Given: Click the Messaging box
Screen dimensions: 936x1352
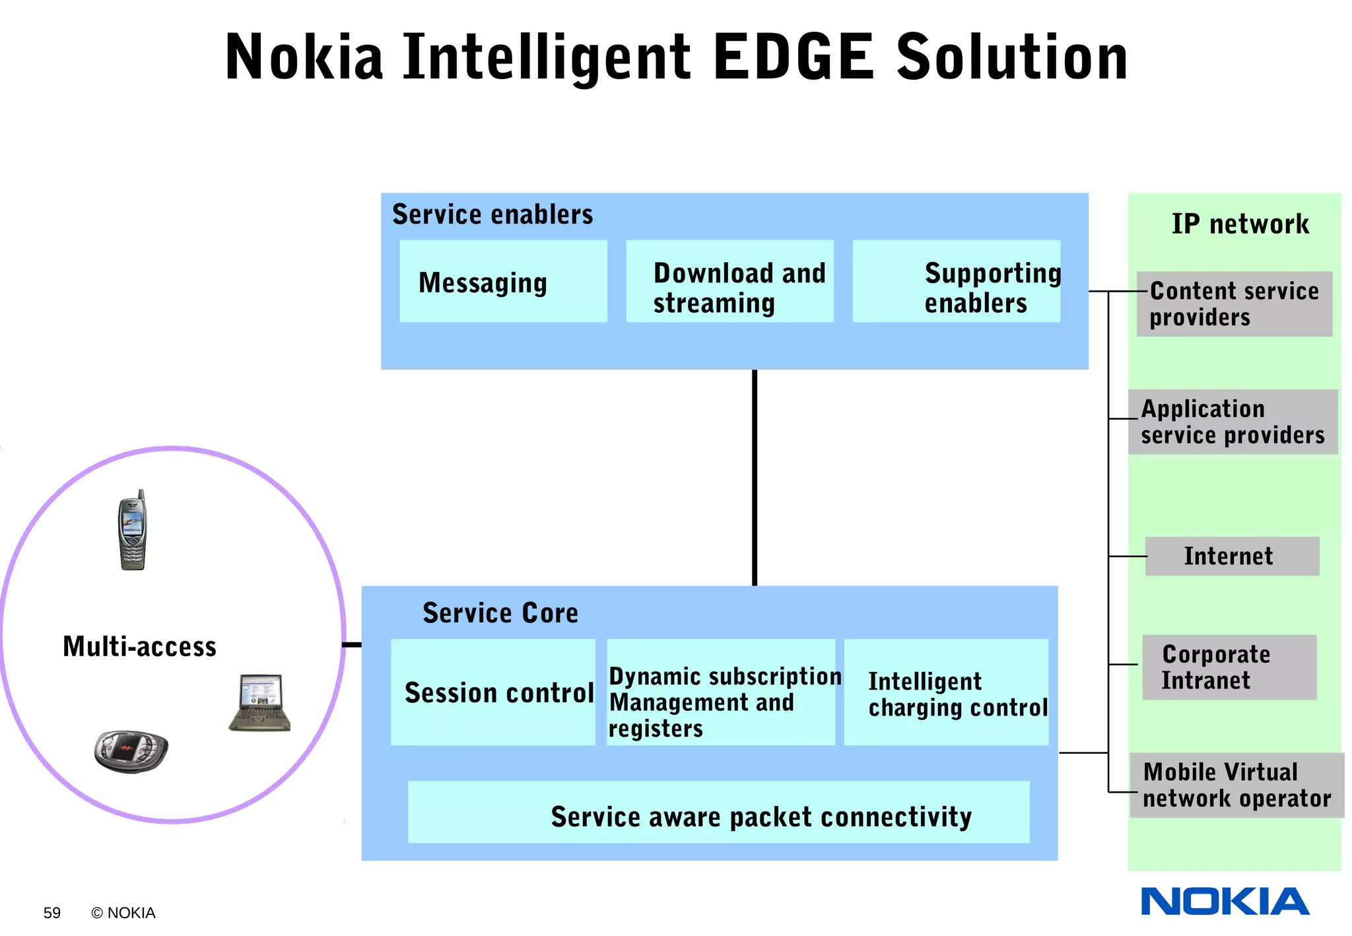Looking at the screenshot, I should coord(503,282).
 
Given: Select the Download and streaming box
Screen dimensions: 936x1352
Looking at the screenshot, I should coord(729,282).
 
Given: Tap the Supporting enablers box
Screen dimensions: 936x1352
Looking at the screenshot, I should coord(956,282).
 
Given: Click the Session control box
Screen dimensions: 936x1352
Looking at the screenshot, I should coord(493,692).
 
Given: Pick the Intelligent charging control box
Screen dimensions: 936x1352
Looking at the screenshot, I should coord(946,692).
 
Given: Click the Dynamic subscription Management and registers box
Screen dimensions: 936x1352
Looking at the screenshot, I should coord(720,692).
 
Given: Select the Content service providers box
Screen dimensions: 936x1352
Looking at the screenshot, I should coord(1234,304).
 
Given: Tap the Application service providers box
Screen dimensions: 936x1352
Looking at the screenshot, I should coord(1233,422).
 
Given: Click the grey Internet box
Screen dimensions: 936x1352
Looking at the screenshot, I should coord(1231,556).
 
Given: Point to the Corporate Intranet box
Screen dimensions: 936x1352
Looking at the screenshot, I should coord(1229,667).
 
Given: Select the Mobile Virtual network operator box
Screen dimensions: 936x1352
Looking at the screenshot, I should coord(1236,786).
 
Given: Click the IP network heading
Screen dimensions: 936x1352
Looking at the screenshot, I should coord(1239,224).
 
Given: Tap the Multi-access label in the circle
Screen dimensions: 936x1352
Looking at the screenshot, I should coord(139,647).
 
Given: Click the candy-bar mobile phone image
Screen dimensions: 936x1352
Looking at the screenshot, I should coord(132,531).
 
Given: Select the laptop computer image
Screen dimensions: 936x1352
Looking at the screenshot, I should coord(260,703).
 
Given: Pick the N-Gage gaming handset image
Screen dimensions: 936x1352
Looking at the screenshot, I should coord(131,751).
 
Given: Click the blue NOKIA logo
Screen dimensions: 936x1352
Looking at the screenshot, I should coord(1225,902).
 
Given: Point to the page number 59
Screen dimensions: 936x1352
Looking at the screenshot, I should coord(51,913).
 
